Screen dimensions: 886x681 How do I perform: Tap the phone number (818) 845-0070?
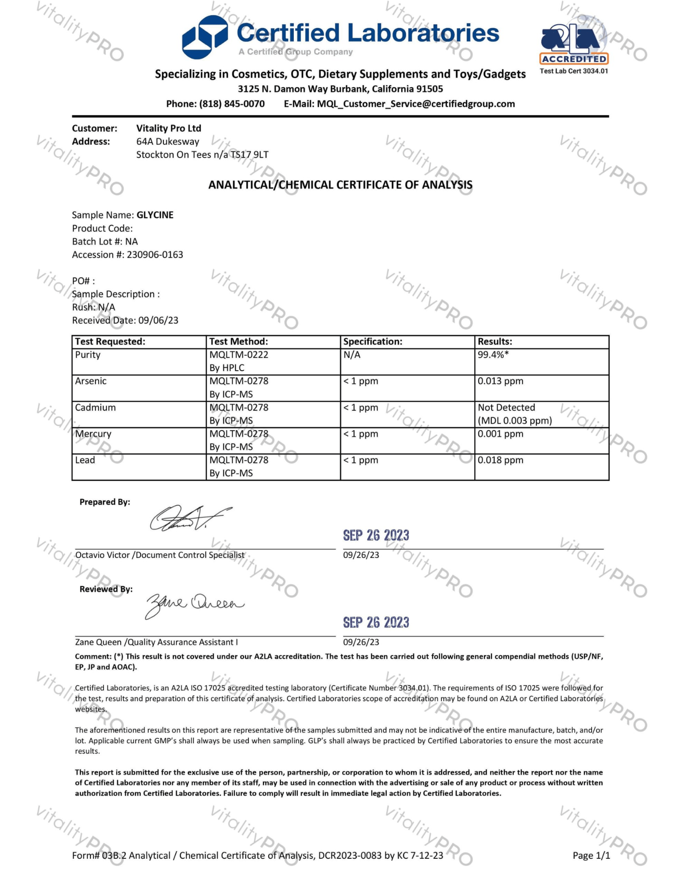point(232,104)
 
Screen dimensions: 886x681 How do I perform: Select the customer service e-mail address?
point(416,104)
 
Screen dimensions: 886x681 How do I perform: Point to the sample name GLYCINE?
point(155,215)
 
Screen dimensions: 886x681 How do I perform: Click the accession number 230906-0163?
point(155,254)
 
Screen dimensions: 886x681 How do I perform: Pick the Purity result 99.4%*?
point(493,355)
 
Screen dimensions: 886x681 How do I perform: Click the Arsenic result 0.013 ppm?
point(500,381)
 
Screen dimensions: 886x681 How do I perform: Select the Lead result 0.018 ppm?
point(500,460)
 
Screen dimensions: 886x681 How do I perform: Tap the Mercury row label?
point(93,434)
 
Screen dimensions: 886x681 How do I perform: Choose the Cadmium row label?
point(95,408)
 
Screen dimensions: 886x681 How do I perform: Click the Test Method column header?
point(238,342)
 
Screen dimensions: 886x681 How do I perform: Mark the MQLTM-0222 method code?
point(239,355)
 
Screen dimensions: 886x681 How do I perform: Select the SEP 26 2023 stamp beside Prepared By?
point(376,536)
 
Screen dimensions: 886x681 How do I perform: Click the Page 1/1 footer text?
point(591,856)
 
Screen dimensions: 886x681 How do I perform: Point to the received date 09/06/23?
point(158,320)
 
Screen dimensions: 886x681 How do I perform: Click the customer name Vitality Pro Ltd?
point(168,129)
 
